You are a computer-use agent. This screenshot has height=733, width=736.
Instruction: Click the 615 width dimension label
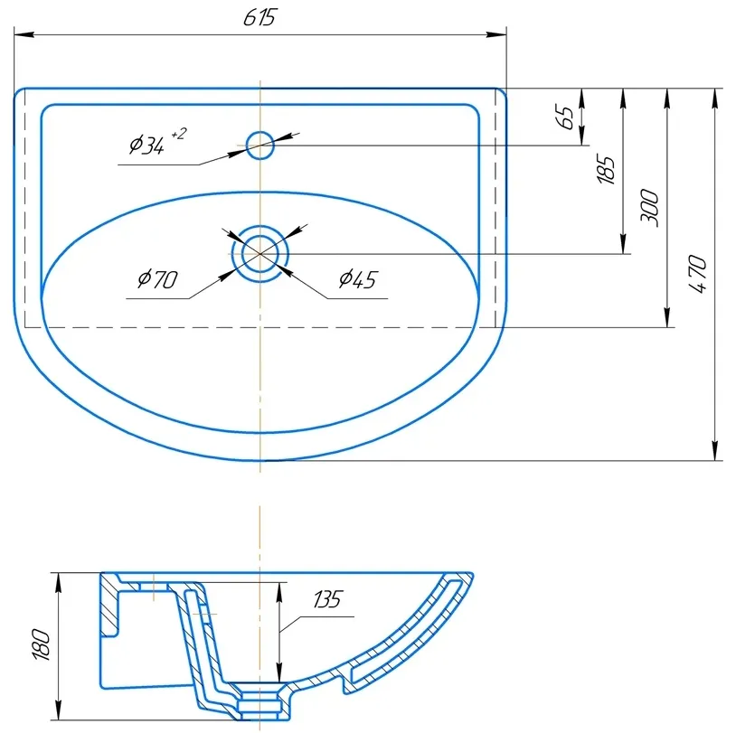[259, 17]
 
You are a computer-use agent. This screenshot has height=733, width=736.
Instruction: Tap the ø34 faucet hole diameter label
[146, 145]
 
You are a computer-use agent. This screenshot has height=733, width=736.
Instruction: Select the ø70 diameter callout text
[157, 279]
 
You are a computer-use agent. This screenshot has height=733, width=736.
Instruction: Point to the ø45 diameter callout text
[358, 279]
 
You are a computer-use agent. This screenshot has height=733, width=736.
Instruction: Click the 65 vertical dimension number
[565, 117]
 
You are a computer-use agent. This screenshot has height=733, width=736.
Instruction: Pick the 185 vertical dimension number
[606, 169]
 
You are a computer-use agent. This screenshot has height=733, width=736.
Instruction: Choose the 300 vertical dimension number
[649, 209]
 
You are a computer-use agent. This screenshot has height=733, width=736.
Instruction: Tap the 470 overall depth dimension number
[697, 274]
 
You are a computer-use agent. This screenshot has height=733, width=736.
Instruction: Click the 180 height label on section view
[42, 644]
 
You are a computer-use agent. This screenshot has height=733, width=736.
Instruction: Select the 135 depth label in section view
[328, 599]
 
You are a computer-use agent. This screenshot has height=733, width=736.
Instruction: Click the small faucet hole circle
[260, 146]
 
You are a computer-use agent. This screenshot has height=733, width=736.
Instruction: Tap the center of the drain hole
[260, 254]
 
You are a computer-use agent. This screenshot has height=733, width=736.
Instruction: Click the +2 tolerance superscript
[179, 134]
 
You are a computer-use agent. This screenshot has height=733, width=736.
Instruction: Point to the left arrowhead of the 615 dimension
[24, 34]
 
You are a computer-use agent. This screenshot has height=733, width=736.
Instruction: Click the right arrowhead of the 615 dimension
[496, 34]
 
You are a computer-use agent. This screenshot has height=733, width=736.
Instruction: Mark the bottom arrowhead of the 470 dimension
[715, 450]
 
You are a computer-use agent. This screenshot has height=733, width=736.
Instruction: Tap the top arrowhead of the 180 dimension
[58, 583]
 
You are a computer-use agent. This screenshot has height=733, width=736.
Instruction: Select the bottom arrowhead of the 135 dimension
[279, 672]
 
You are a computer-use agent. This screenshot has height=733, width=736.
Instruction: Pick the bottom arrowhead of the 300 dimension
[667, 317]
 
